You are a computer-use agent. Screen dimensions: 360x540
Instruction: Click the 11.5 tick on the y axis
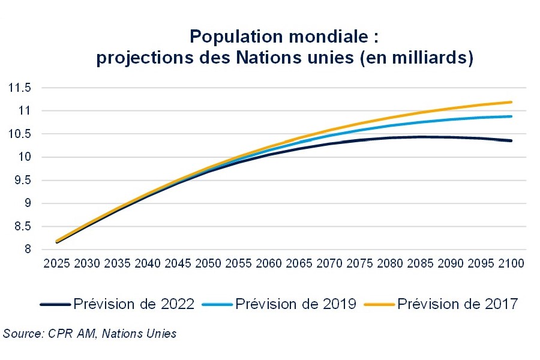point(19,88)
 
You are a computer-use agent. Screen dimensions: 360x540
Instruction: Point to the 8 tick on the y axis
point(26,250)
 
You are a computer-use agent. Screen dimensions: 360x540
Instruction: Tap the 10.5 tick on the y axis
point(19,134)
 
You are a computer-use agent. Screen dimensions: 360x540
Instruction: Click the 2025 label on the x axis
point(58,263)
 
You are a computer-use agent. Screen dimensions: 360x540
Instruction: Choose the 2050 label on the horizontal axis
point(209,263)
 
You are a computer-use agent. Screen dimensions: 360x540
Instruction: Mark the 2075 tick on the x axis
point(360,263)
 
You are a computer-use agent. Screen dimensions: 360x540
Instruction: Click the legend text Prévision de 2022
point(134,304)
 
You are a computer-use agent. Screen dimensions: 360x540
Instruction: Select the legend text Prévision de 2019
point(296,304)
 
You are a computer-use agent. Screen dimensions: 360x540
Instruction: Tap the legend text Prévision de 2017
point(457,304)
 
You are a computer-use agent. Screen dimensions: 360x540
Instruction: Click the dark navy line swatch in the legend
point(55,305)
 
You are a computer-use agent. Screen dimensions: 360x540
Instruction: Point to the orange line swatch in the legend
point(379,305)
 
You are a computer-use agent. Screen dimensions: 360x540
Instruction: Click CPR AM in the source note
point(70,334)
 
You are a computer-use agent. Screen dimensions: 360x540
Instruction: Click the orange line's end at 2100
point(511,102)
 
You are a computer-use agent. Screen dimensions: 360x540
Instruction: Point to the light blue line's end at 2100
point(511,116)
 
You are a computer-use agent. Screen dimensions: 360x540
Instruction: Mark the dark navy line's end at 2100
point(511,140)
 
